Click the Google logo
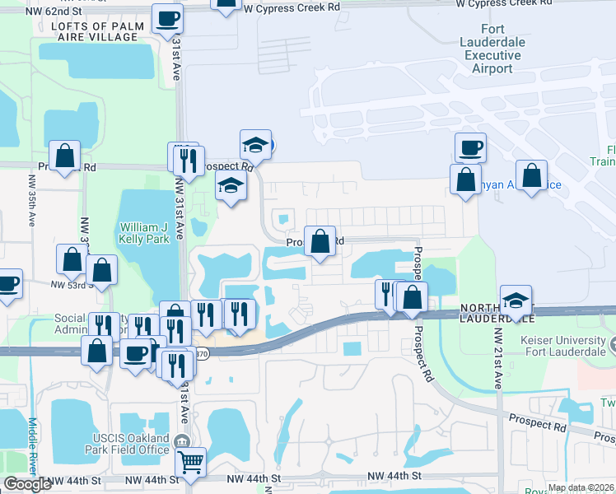pyautogui.click(x=27, y=484)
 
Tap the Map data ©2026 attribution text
pyautogui.click(x=581, y=487)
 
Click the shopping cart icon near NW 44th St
pyautogui.click(x=191, y=463)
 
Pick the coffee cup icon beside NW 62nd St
pyautogui.click(x=169, y=17)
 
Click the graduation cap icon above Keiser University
pyautogui.click(x=516, y=300)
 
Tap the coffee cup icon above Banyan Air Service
pyautogui.click(x=470, y=147)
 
